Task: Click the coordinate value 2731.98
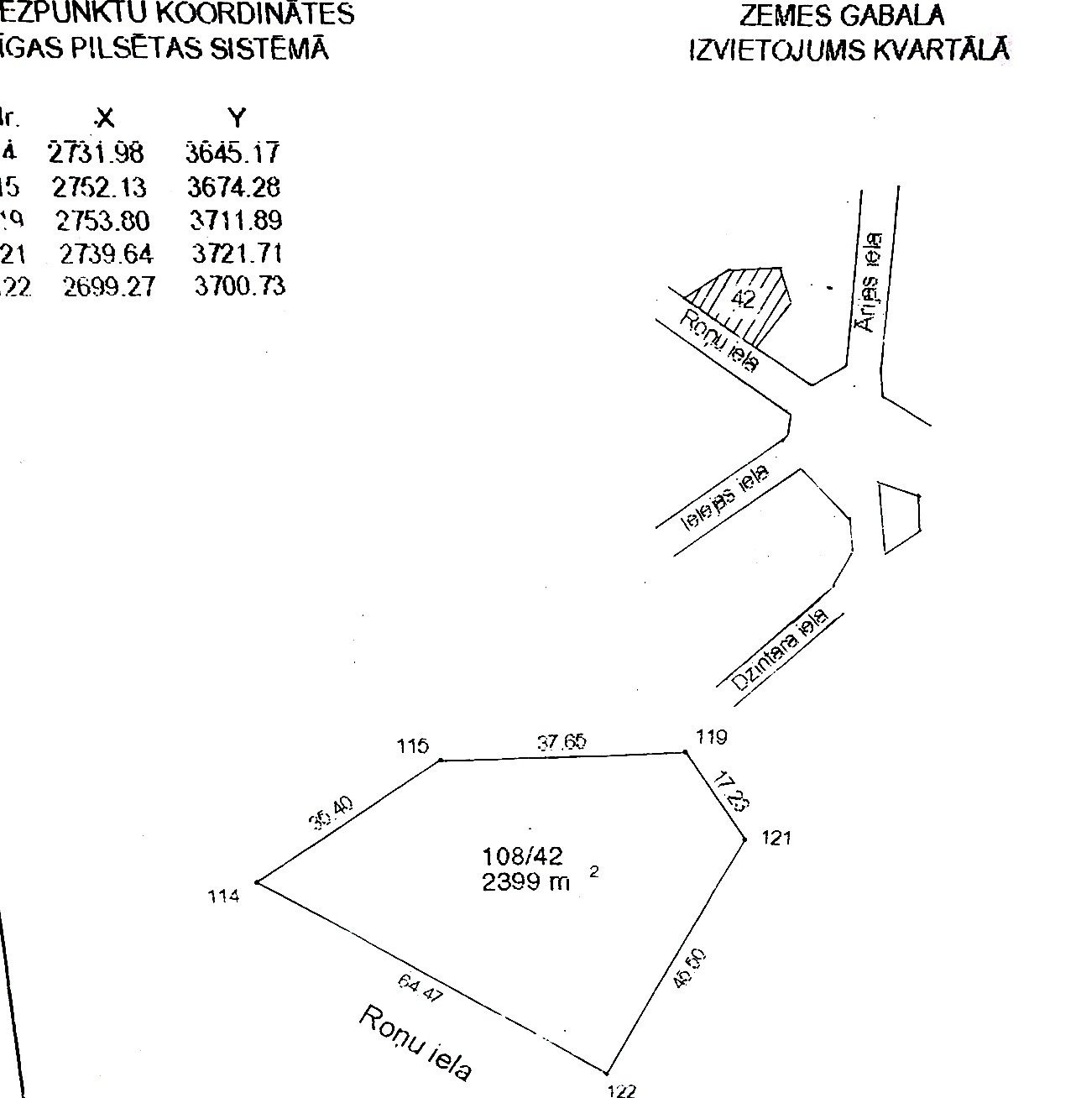[x=96, y=153]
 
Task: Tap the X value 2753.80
[x=102, y=221]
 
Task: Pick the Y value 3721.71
[x=237, y=254]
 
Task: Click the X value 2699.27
[x=109, y=287]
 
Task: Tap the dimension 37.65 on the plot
[x=562, y=742]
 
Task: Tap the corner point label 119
[x=712, y=737]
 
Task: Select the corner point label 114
[x=224, y=896]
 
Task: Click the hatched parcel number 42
[x=744, y=299]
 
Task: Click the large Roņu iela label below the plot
[x=415, y=1042]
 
